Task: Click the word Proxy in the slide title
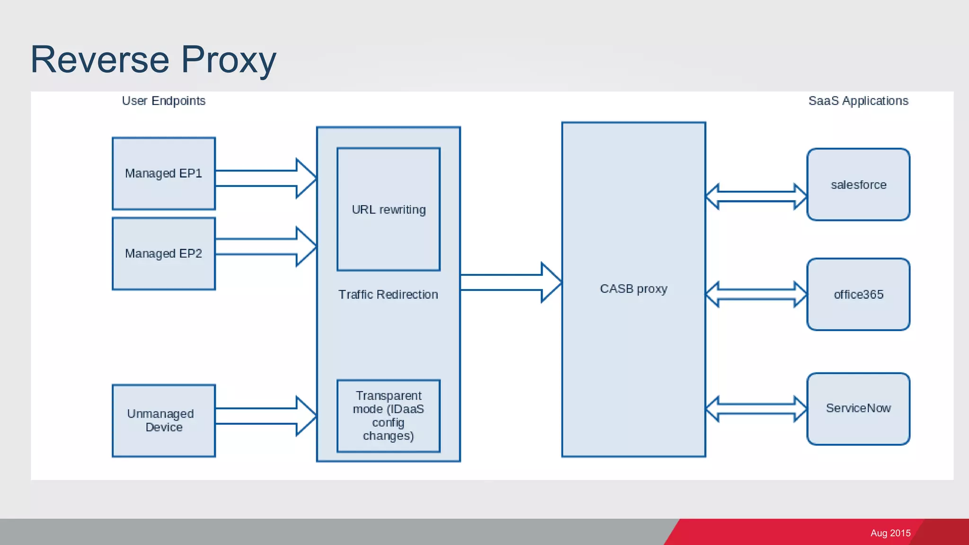coord(229,60)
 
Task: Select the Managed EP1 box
coord(164,174)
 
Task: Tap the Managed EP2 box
coord(164,254)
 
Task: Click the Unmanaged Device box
coord(164,421)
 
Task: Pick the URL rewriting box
coord(388,210)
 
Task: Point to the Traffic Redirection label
coord(388,295)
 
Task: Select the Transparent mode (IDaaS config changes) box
coord(388,416)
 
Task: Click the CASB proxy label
coord(634,289)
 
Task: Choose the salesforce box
coord(858,185)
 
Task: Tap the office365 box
coord(858,294)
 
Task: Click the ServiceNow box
coord(858,408)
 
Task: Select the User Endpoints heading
coord(164,101)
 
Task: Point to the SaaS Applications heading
coord(858,101)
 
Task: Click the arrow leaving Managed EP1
coord(265,178)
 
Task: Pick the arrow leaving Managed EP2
coord(265,246)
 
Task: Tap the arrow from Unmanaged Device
coord(265,416)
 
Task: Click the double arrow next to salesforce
coord(756,196)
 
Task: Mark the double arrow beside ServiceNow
coord(756,409)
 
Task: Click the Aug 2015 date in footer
coord(890,533)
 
